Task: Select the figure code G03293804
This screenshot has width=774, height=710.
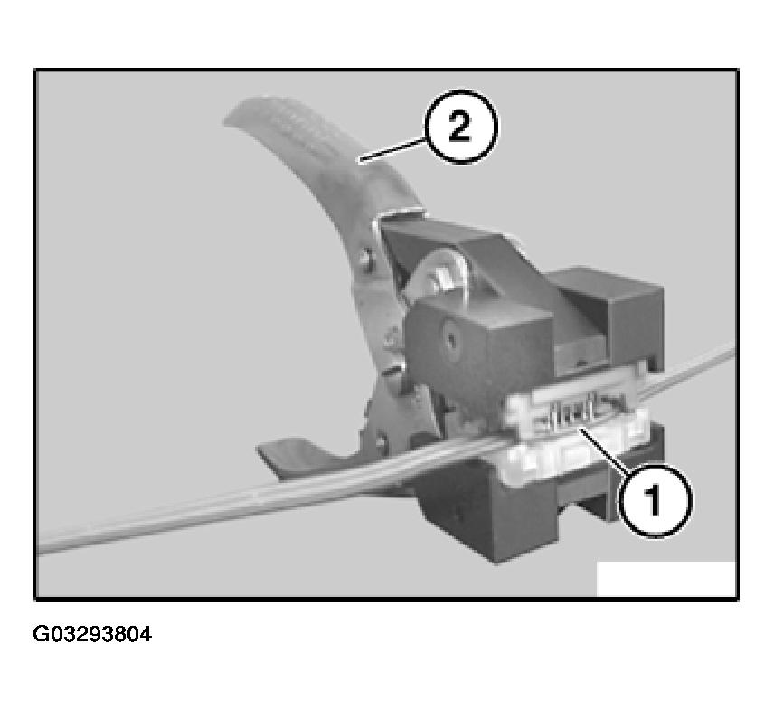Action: [x=92, y=634]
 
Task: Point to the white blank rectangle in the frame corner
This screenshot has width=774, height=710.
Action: [x=665, y=579]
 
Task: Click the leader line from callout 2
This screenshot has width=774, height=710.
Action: [x=392, y=148]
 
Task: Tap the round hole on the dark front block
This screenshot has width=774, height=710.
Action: [x=450, y=343]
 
